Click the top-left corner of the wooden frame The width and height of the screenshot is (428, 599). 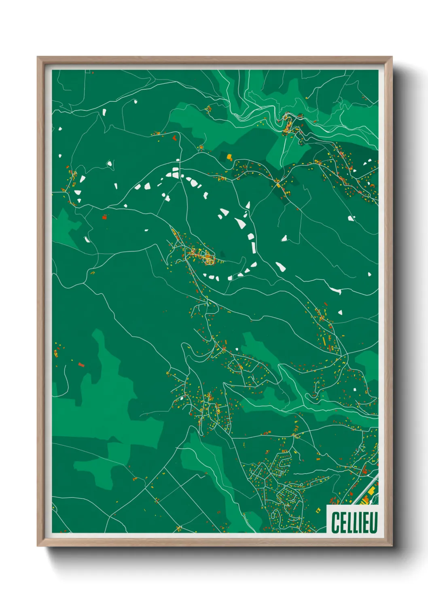38,57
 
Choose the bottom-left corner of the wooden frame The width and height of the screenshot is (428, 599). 38,546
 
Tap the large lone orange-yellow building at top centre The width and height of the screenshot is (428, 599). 229,156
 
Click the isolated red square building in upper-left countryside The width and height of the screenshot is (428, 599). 104,217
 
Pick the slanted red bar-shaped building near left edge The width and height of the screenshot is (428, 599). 81,365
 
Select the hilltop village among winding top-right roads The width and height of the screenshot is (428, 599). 289,123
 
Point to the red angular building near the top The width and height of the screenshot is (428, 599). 175,138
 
